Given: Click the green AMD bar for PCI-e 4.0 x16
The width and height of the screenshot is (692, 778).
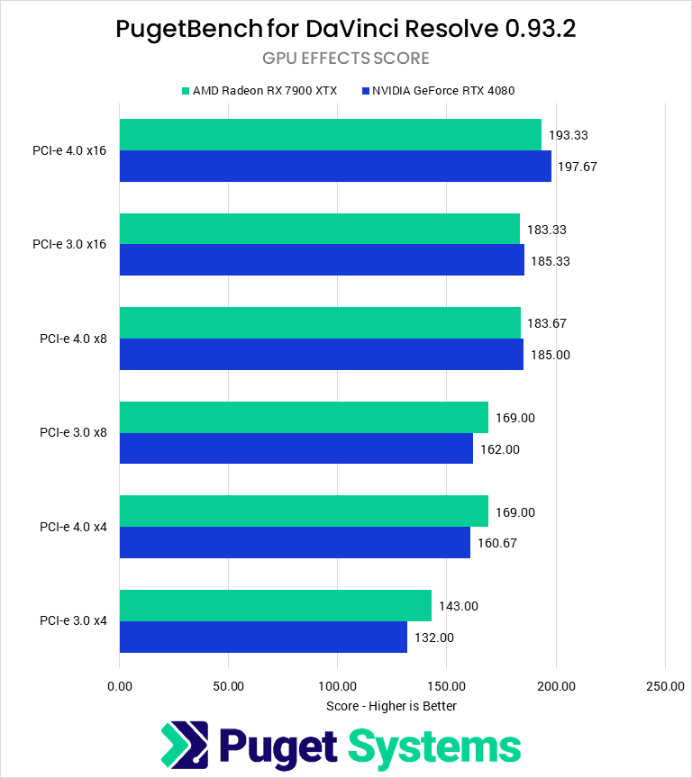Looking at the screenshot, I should [330, 135].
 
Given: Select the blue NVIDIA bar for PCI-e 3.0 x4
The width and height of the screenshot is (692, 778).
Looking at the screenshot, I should [263, 637].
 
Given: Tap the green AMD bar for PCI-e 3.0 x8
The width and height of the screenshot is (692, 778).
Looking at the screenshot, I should [304, 418].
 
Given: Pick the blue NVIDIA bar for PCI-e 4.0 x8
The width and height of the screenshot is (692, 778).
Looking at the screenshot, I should [321, 355].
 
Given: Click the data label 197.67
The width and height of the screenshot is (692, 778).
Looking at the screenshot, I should [577, 167].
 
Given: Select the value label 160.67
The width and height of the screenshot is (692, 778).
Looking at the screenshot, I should [496, 543].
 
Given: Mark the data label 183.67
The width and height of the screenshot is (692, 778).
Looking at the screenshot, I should [546, 323].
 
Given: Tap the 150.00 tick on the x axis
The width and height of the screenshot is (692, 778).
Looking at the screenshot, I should [447, 686].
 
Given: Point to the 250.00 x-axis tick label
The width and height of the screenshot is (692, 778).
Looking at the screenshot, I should [665, 686].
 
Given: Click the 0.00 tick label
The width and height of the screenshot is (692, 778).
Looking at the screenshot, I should [119, 686].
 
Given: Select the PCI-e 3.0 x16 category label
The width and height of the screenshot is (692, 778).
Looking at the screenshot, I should [69, 245].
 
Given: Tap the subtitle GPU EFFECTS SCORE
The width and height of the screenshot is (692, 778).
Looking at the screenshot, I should [346, 59].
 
